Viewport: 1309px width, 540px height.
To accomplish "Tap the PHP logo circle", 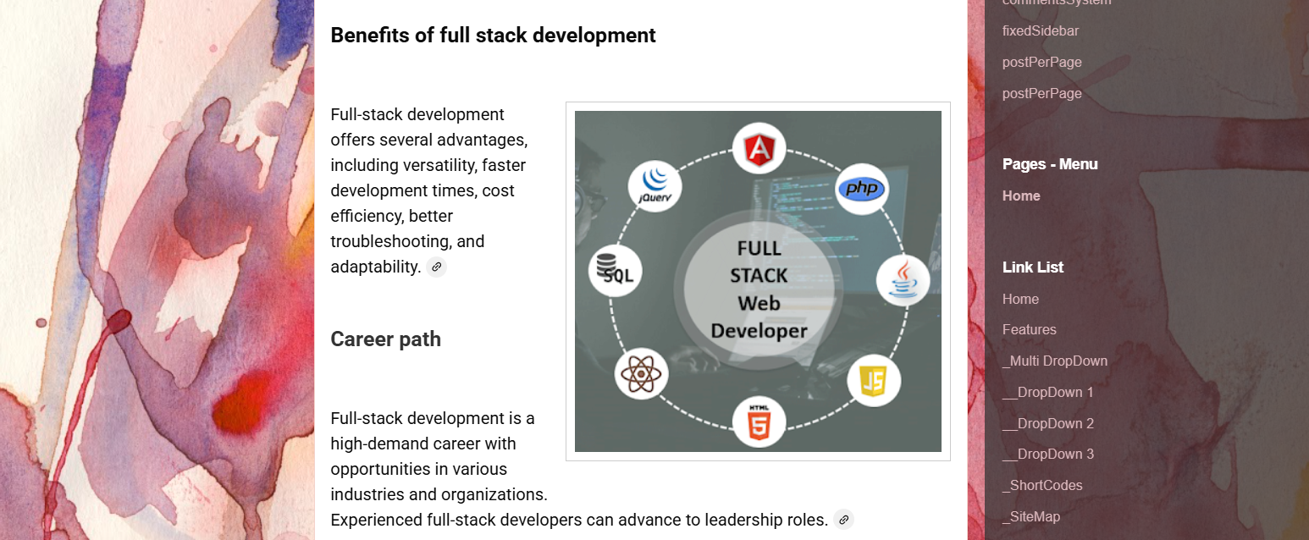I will click(x=861, y=189).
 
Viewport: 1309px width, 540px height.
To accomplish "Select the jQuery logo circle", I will click(x=655, y=185).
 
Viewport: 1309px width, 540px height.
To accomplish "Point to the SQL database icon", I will click(x=616, y=270).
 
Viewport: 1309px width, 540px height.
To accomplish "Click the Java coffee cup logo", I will click(x=903, y=280).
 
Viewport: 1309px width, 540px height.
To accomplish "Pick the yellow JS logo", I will click(x=873, y=381).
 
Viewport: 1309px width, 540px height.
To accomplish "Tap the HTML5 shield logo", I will click(x=759, y=421).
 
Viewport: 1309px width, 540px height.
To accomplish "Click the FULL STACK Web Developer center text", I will click(x=759, y=289).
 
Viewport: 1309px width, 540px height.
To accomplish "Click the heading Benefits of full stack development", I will click(x=493, y=36).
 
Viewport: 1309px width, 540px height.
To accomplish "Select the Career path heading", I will click(x=385, y=339).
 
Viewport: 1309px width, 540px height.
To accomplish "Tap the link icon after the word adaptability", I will click(x=436, y=267).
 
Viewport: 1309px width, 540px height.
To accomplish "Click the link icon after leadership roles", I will click(x=843, y=520).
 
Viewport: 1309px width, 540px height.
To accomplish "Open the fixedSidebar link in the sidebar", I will click(x=1041, y=31).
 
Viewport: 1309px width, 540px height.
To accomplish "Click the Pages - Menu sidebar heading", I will click(x=1050, y=164).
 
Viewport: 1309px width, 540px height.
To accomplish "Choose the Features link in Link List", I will click(x=1029, y=330).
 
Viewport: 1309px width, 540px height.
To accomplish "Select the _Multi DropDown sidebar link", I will click(x=1054, y=361).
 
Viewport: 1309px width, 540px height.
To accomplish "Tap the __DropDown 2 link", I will click(x=1048, y=423).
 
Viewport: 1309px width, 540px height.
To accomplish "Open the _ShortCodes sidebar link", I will click(x=1042, y=486).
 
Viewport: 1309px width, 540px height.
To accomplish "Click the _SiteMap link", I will click(x=1030, y=517).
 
